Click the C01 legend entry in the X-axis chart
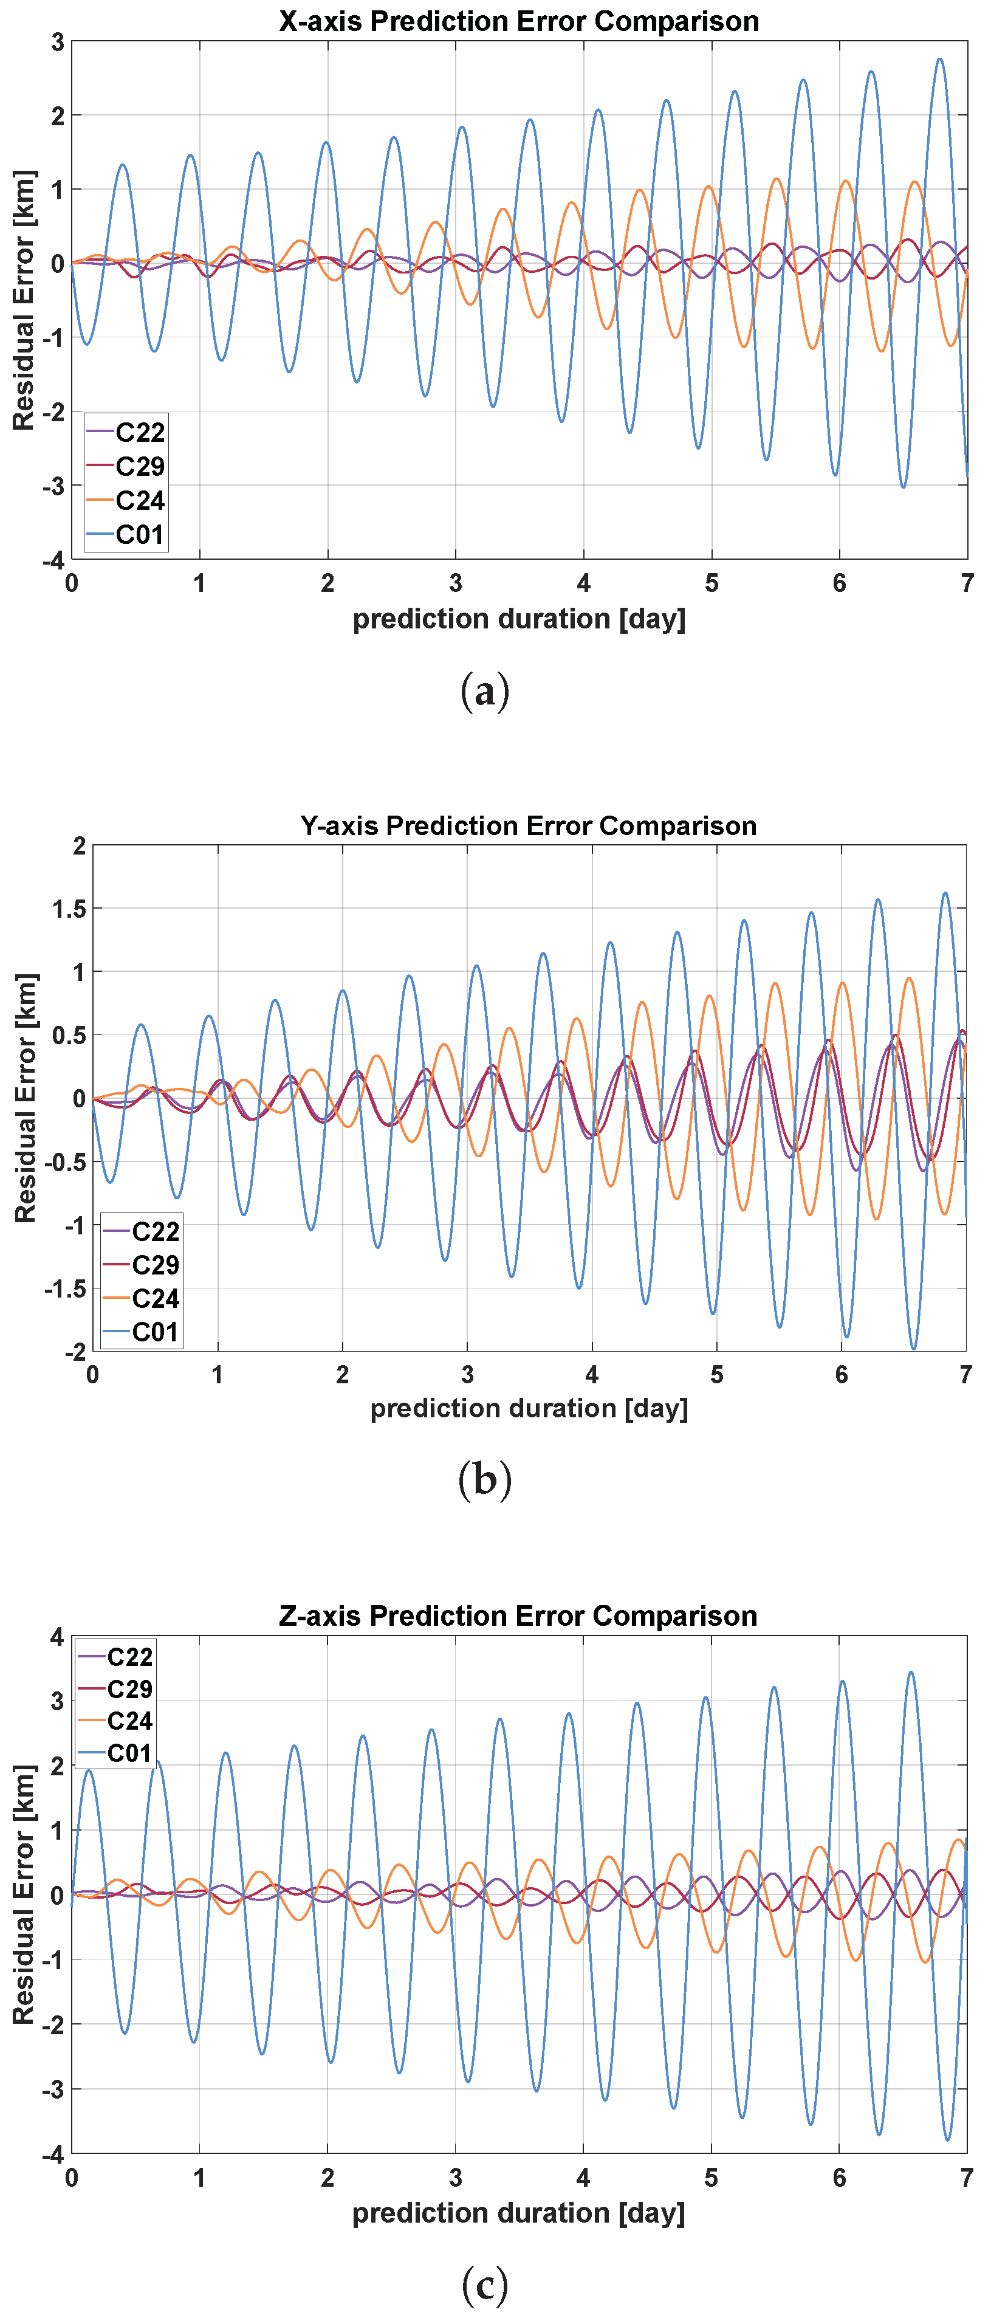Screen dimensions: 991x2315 coord(126,535)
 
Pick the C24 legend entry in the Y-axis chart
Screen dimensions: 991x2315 coord(141,1299)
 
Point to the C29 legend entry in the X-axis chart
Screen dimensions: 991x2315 coord(126,466)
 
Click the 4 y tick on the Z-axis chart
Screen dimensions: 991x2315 coord(58,1637)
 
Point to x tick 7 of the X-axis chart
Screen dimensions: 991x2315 coord(967,583)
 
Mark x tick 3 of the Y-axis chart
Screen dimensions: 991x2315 coord(467,1374)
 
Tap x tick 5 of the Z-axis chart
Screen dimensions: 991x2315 coord(711,2178)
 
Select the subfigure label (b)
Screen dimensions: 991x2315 coord(485,1479)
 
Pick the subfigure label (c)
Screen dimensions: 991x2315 coord(485,2283)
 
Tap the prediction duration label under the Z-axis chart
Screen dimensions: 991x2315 coord(518,2212)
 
